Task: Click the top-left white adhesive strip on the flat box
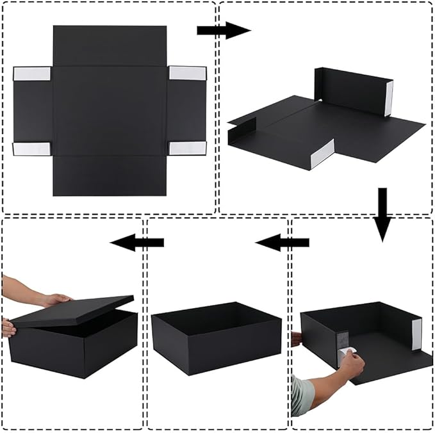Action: [32, 73]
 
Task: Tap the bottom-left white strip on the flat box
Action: [32, 149]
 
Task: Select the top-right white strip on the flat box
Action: [188, 73]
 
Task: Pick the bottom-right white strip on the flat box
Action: [188, 148]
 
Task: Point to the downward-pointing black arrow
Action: [382, 213]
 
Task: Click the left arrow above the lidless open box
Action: [282, 242]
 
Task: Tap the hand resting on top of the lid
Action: [54, 298]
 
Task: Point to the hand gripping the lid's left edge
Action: [8, 328]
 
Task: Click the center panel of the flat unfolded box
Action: [110, 110]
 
